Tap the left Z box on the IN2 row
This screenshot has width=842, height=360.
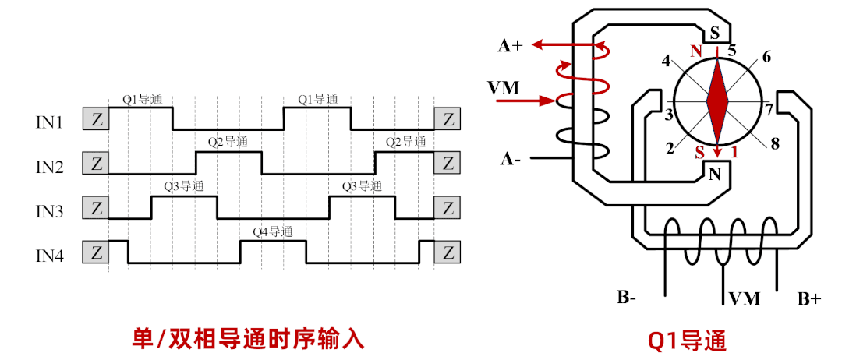(96, 164)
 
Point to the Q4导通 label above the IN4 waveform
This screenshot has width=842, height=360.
(272, 231)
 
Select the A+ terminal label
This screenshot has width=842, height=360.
(511, 46)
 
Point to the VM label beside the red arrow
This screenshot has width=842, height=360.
(503, 87)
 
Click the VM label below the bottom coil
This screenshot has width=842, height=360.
(745, 298)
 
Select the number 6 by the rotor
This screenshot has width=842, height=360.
(766, 57)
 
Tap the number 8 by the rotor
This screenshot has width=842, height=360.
(775, 143)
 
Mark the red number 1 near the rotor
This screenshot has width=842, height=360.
(734, 152)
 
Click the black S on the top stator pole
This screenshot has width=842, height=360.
(714, 33)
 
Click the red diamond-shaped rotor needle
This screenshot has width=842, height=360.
(716, 101)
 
